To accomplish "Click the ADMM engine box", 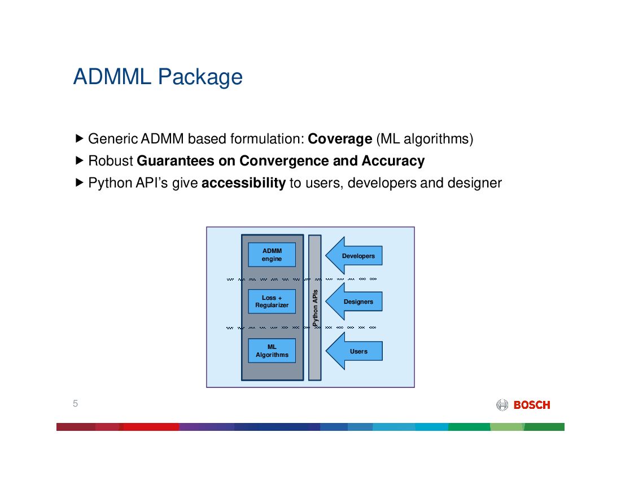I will coord(272,255).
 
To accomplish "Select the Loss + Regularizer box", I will coord(272,302).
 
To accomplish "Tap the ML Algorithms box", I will coord(272,351).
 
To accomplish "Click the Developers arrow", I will coord(356,256).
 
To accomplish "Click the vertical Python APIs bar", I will coord(314,308).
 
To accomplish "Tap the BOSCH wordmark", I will coord(531,405).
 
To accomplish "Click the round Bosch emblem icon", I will coord(502,405).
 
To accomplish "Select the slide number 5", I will coord(75,403).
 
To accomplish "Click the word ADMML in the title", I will coord(112,77).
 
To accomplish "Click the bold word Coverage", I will coord(340,138).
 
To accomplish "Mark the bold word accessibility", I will coord(243,183).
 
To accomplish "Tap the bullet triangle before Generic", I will coord(79,138).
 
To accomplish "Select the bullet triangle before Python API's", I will coord(79,183).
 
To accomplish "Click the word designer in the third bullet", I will coord(474,183).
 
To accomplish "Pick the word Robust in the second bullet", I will coord(111,161).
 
